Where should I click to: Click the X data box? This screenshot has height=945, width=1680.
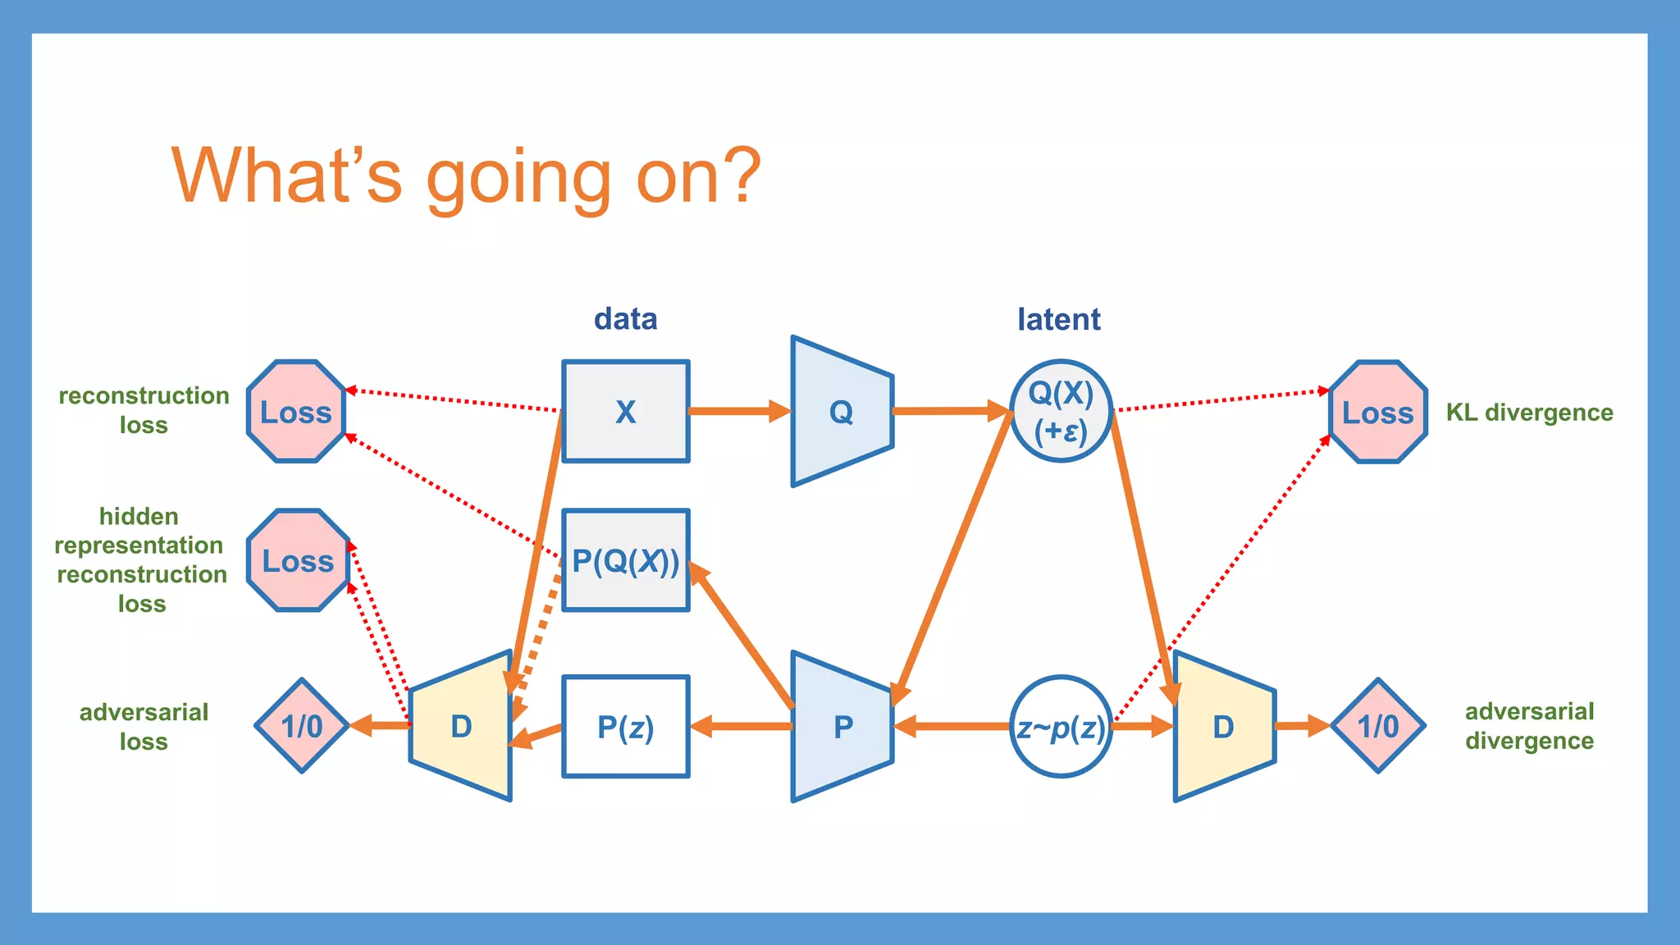(625, 411)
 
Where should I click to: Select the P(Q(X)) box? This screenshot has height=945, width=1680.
(625, 561)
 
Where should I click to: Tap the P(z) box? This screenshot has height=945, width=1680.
(625, 727)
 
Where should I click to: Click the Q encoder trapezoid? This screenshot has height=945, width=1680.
(842, 411)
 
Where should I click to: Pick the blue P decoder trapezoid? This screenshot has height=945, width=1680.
(842, 727)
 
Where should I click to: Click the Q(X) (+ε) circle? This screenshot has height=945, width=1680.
(1061, 411)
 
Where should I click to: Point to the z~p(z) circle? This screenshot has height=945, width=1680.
(1061, 727)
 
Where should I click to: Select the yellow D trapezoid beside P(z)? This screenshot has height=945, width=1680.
(461, 727)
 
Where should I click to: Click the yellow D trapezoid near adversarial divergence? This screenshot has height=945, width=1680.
(1224, 727)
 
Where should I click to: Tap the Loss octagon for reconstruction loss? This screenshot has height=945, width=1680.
(296, 411)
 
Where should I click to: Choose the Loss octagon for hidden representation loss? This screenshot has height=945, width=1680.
(298, 561)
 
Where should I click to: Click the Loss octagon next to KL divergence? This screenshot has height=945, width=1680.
(1378, 412)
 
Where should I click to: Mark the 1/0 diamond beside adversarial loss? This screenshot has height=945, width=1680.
(302, 726)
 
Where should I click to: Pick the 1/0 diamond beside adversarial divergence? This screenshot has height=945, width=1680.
(1378, 726)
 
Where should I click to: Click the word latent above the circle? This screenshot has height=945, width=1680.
(1059, 319)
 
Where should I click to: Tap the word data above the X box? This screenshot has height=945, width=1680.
(625, 319)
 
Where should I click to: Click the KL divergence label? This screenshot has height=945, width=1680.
(1529, 412)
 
